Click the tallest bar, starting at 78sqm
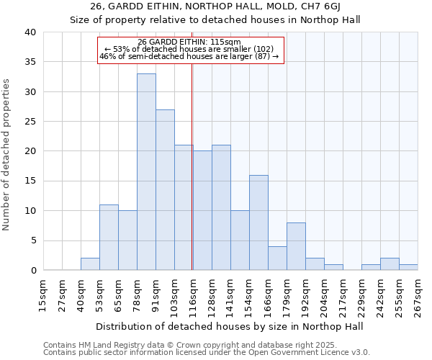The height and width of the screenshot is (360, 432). click(x=146, y=172)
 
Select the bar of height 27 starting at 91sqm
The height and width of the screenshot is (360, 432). click(x=165, y=190)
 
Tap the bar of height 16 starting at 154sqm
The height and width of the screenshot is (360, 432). click(x=258, y=222)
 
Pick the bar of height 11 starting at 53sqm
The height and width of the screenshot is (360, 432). click(x=109, y=238)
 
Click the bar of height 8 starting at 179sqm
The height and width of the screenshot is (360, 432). click(x=296, y=246)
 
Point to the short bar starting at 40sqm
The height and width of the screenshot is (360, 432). click(x=90, y=264)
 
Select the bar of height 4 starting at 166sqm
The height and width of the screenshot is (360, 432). click(x=277, y=258)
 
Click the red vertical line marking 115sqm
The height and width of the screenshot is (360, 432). click(x=192, y=180)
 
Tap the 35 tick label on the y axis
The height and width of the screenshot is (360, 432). click(x=30, y=62)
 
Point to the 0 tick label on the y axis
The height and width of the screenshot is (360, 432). click(x=33, y=271)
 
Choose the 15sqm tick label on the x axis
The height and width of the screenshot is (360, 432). click(x=43, y=293)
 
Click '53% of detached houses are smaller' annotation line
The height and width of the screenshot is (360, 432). click(x=192, y=49)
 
